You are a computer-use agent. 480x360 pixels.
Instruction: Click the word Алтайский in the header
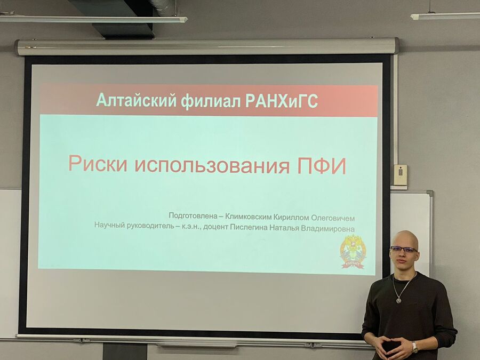pyautogui.click(x=136, y=100)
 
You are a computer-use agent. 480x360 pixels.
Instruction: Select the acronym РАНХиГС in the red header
pyautogui.click(x=282, y=101)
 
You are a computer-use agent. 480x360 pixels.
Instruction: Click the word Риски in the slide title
pyautogui.click(x=98, y=164)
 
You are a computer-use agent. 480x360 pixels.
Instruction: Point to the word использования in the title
pyautogui.click(x=212, y=165)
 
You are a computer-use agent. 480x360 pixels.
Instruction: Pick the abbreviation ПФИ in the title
pyautogui.click(x=322, y=166)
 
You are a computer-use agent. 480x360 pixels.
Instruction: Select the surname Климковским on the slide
pyautogui.click(x=248, y=217)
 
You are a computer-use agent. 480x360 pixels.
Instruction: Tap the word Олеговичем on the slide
pyautogui.click(x=333, y=218)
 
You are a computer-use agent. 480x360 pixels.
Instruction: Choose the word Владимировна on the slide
pyautogui.click(x=328, y=229)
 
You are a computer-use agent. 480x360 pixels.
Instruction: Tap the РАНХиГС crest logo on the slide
pyautogui.click(x=353, y=251)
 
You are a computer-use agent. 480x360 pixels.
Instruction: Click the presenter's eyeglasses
pyautogui.click(x=404, y=249)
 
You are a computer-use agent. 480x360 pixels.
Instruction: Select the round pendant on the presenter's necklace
pyautogui.click(x=398, y=300)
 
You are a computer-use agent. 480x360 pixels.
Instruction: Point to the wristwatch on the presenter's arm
pyautogui.click(x=414, y=347)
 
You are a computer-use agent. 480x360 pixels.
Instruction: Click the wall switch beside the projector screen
pyautogui.click(x=401, y=175)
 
